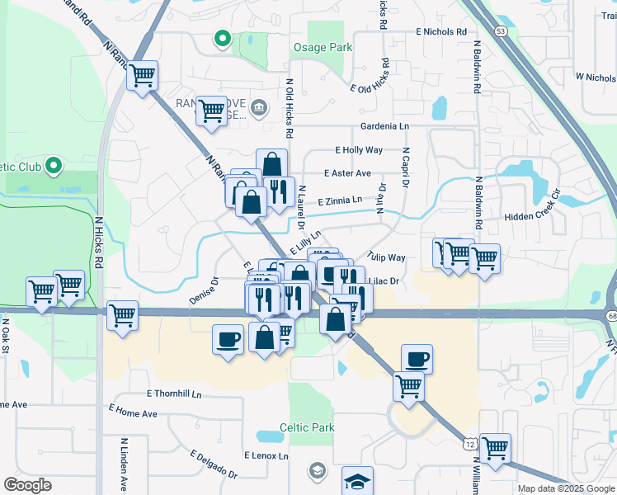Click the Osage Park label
(323, 47)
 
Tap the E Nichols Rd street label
(445, 31)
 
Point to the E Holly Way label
(359, 150)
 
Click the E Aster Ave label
(347, 173)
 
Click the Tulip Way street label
(387, 257)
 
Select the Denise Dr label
(203, 291)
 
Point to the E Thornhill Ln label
(174, 394)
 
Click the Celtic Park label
(307, 427)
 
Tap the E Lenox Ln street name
(266, 455)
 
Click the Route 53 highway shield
(501, 31)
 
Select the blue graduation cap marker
(357, 481)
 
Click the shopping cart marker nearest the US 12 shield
(495, 448)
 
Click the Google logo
(27, 485)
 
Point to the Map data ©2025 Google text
(565, 488)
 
